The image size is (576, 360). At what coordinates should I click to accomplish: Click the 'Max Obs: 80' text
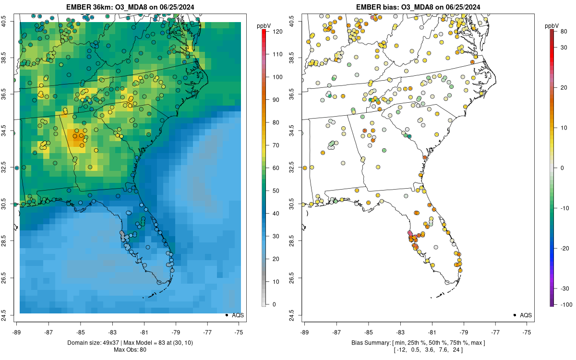tap(130, 349)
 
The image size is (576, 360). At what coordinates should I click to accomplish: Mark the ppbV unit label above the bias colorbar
tap(552, 25)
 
